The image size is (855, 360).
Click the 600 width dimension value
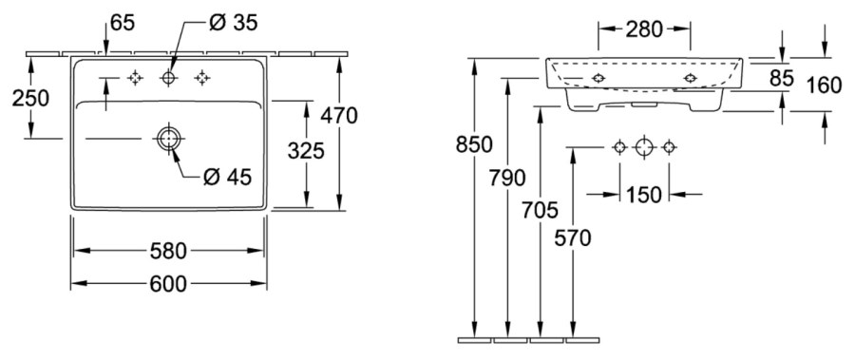[x=168, y=284]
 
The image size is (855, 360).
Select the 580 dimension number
[x=168, y=251]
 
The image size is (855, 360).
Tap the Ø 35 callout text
[x=234, y=23]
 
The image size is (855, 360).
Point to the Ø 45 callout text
[x=227, y=176]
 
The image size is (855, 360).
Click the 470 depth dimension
[x=339, y=116]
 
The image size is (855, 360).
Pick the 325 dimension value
[x=306, y=150]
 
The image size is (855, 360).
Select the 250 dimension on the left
[x=30, y=98]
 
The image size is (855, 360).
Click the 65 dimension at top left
[x=123, y=23]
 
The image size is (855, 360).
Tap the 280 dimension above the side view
[x=644, y=29]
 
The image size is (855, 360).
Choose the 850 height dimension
[x=474, y=144]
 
